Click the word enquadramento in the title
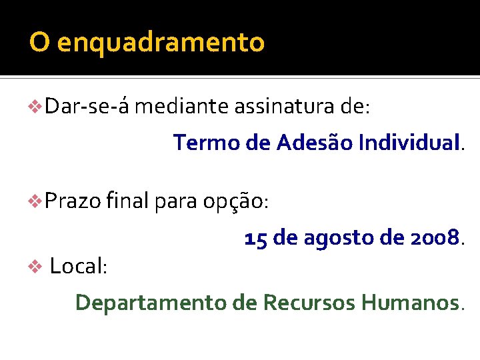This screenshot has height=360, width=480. tap(161, 43)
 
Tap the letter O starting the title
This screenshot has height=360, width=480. tap(39, 43)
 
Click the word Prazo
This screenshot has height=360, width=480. tap(73, 199)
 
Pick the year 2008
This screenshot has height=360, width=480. tap(435, 238)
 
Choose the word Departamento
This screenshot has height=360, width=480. tap(151, 303)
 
